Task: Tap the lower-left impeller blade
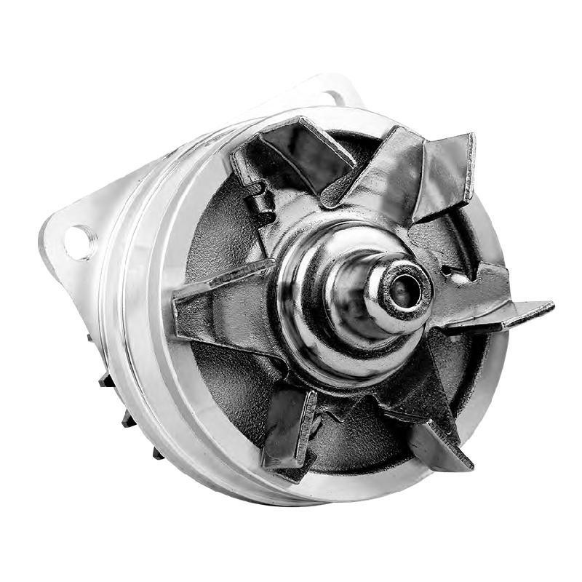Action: click(287, 429)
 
